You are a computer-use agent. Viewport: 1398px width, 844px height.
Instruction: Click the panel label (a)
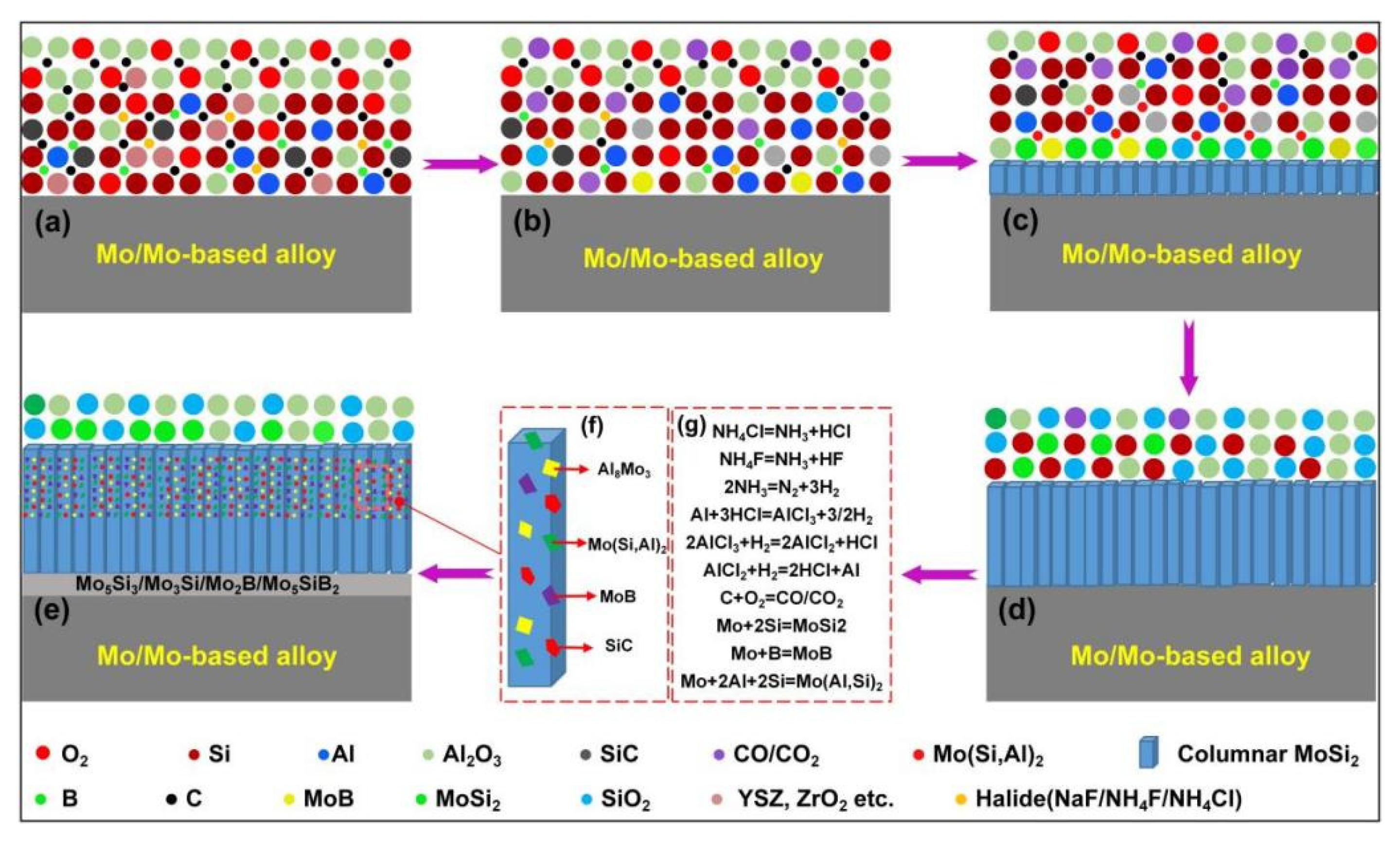tap(53, 224)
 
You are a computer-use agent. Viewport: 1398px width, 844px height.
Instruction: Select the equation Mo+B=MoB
tap(781, 653)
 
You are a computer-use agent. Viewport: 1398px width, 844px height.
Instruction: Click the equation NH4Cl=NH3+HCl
tap(781, 431)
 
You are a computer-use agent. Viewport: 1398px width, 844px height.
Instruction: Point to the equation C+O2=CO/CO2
tap(781, 599)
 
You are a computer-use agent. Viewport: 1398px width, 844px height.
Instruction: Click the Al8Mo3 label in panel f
tap(623, 470)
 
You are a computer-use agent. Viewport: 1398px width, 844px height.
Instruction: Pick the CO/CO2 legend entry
tap(775, 755)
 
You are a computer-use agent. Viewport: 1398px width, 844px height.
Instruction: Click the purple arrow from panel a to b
tap(459, 164)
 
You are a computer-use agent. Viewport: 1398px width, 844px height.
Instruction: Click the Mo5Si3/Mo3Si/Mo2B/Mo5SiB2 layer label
tap(207, 584)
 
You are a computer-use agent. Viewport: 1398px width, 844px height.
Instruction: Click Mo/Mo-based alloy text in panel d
tap(1190, 656)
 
